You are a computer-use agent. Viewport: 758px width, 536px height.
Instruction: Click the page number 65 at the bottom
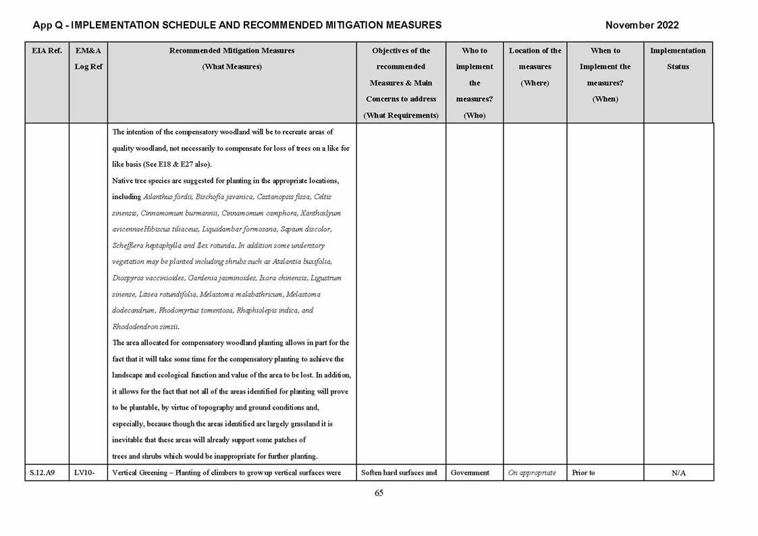(379, 493)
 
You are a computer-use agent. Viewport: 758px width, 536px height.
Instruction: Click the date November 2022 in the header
(642, 26)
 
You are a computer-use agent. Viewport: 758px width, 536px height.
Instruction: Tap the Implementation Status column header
(678, 59)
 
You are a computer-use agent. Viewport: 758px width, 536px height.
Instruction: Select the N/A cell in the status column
(678, 473)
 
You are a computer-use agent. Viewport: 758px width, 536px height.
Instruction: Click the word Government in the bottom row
(470, 473)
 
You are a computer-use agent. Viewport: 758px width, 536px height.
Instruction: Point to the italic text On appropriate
(532, 473)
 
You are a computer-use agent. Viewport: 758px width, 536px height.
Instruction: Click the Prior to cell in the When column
(583, 473)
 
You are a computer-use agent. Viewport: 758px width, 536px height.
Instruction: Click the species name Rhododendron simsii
(145, 327)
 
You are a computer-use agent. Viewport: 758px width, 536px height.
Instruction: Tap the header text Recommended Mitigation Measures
(232, 51)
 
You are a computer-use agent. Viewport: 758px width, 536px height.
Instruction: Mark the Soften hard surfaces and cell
(400, 473)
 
